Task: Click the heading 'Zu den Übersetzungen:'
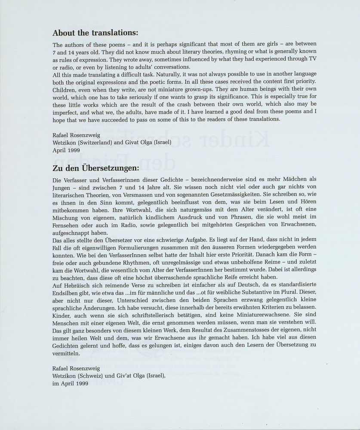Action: [x=95, y=168]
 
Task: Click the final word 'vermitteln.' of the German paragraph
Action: [x=66, y=353]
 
